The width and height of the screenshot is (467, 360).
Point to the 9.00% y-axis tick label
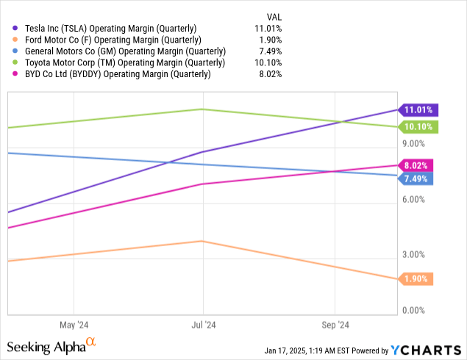coord(415,144)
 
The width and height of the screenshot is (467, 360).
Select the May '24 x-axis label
coord(74,325)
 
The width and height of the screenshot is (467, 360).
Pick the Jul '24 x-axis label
coord(204,325)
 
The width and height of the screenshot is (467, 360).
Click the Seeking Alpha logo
coord(51,345)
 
